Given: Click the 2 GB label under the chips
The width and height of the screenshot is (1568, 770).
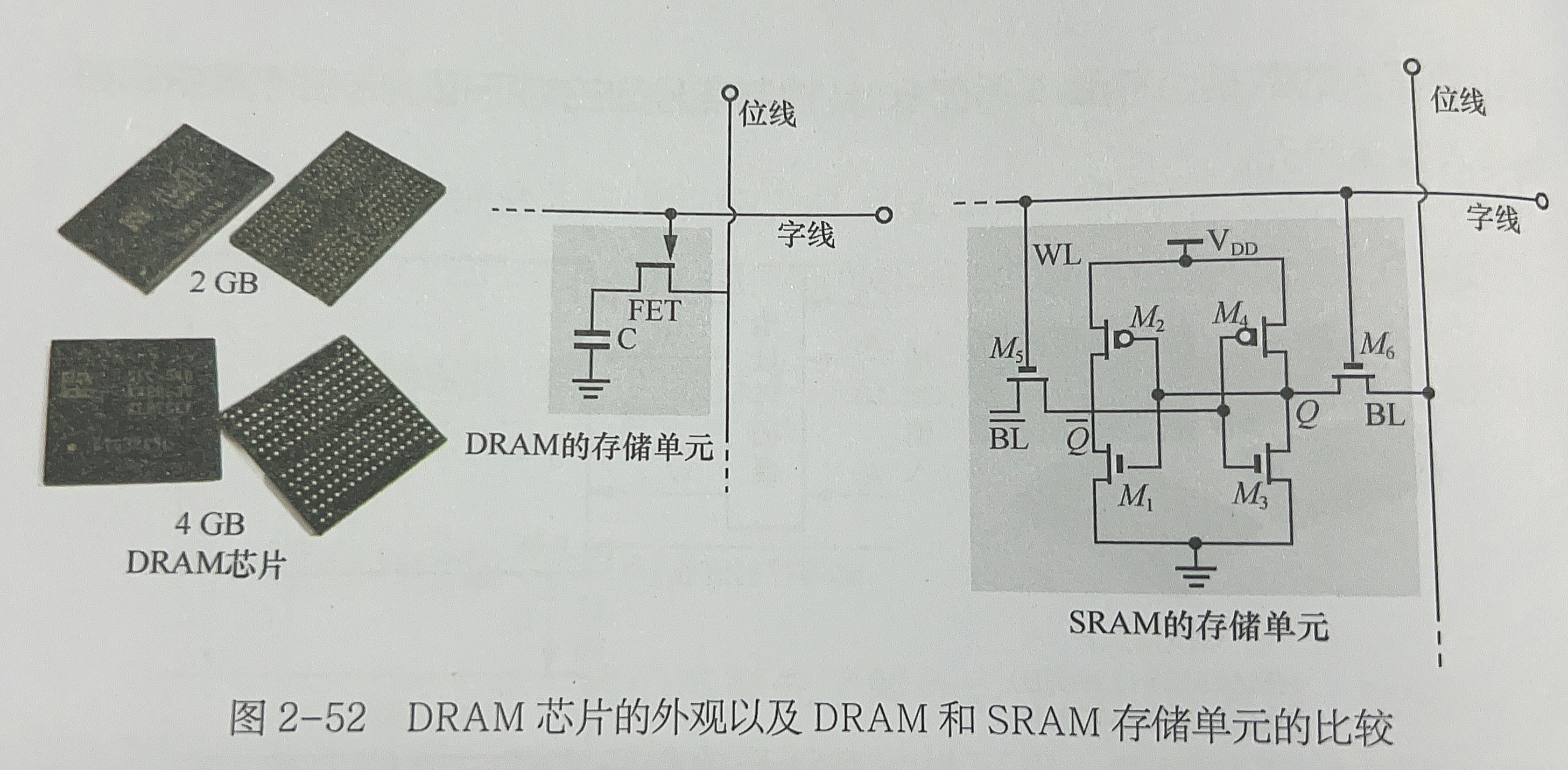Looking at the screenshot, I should coord(223,283).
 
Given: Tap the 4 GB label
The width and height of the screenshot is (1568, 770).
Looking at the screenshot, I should coord(209,523).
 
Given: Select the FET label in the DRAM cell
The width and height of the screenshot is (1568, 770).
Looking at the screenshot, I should coord(654,311).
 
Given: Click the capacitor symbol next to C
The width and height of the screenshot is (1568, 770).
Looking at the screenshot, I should coord(592,340).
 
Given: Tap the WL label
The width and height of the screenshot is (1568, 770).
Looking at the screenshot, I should coord(1057,256).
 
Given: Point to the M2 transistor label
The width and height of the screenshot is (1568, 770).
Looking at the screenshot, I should coord(1147,317).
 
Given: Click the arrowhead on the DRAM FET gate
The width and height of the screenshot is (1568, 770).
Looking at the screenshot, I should coord(670,248).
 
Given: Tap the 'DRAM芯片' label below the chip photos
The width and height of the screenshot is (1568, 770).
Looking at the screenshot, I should coord(205,564).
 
